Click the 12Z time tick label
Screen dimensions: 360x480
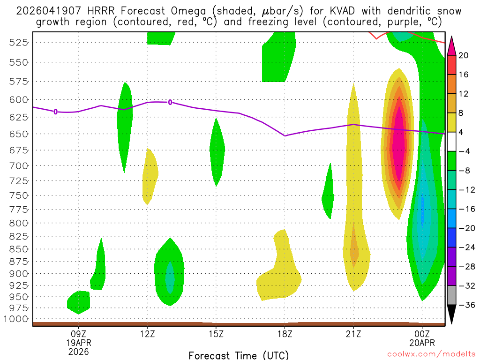point(147,334)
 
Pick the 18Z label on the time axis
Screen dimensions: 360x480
point(285,334)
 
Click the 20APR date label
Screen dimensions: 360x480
point(422,343)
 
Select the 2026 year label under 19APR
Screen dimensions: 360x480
point(78,351)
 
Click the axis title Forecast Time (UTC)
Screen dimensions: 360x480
point(239,355)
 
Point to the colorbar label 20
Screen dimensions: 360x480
point(464,56)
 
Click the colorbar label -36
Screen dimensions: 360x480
point(464,305)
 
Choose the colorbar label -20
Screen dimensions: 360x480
point(464,228)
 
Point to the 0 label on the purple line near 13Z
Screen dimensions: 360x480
point(170,102)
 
